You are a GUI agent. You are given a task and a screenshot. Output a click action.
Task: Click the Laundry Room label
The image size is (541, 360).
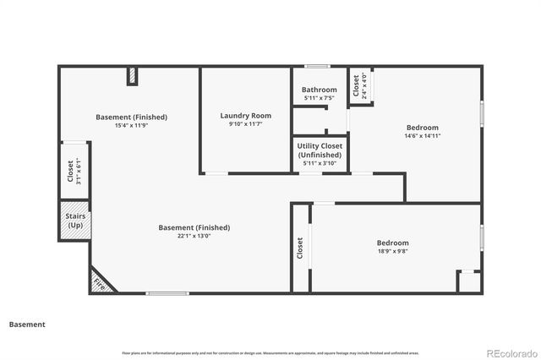[x=244, y=116]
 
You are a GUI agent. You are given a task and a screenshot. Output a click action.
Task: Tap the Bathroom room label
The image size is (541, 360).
[x=320, y=90]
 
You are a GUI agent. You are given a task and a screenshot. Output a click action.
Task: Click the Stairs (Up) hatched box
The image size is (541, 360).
[x=74, y=221]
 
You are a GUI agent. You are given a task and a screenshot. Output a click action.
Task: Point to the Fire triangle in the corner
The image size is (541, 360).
[x=101, y=281]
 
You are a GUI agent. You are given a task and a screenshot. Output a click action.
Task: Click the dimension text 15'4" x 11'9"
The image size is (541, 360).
[x=131, y=126]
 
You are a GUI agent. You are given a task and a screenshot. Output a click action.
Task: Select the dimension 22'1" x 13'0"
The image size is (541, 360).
[x=194, y=237]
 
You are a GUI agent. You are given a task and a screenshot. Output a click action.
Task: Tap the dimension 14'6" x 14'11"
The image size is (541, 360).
[x=422, y=135]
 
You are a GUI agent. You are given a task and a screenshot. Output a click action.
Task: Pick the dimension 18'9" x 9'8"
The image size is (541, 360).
[x=393, y=251]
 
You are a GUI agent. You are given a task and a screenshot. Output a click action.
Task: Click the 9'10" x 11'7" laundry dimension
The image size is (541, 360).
[x=244, y=125]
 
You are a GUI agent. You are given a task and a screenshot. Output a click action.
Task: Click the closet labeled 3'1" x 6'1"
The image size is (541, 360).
[x=74, y=172]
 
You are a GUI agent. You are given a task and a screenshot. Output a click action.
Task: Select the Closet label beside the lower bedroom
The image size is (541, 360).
[x=300, y=248]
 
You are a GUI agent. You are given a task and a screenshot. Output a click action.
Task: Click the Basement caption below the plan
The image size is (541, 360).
[x=27, y=324]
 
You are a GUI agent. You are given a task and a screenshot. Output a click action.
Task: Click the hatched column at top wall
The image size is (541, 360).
[x=132, y=77]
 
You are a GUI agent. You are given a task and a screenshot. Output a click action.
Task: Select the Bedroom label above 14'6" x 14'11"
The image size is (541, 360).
[x=422, y=127]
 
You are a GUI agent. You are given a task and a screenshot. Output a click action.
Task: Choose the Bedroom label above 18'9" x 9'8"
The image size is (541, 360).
[x=393, y=243]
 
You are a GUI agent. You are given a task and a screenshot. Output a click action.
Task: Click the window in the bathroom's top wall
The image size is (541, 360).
[x=317, y=66]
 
